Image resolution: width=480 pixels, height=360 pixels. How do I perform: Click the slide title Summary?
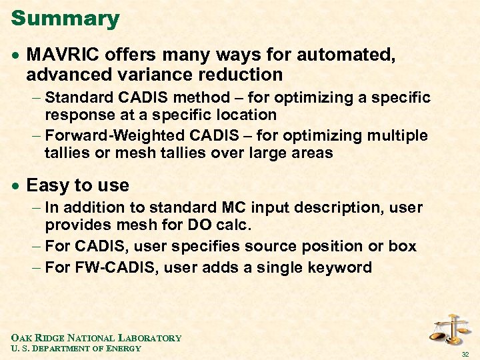[x=65, y=18]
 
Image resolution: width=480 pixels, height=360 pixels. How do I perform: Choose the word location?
[x=246, y=115]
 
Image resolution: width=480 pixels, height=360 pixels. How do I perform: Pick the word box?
[x=402, y=247]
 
